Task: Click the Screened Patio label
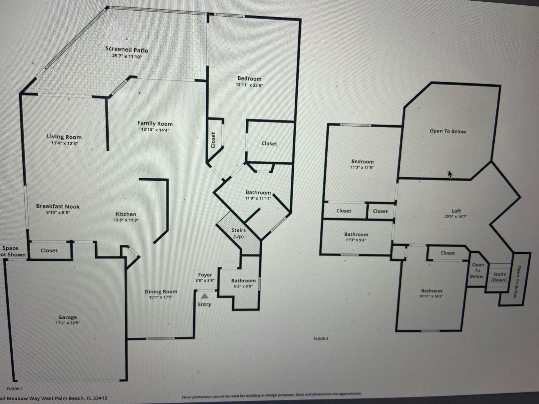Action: click(127, 49)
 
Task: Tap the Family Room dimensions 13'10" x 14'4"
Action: click(155, 130)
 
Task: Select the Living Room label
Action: click(64, 137)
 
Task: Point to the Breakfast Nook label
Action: click(58, 206)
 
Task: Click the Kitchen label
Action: click(126, 214)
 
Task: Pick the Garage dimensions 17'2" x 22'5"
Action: click(68, 323)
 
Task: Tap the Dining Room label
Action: click(161, 291)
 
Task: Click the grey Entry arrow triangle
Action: click(205, 296)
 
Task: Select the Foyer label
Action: click(205, 275)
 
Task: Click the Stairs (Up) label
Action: click(238, 233)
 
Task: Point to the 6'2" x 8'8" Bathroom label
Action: click(243, 281)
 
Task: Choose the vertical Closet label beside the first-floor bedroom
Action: click(213, 140)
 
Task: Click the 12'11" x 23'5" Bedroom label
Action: click(249, 79)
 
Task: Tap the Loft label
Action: click(456, 211)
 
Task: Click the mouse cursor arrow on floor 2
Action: click(450, 174)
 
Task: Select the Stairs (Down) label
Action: click(499, 277)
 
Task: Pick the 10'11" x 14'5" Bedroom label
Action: click(431, 291)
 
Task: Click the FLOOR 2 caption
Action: click(321, 339)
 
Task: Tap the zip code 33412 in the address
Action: click(101, 398)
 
